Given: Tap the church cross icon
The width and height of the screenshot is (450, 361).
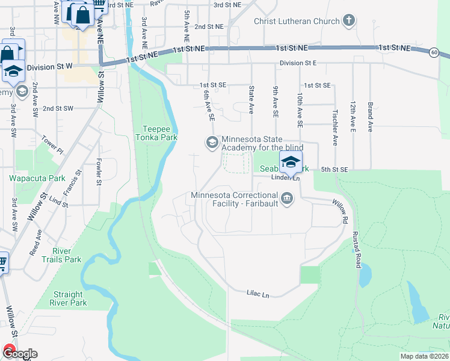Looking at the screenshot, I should tap(348, 22).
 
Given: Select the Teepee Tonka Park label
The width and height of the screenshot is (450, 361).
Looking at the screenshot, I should tap(159, 132).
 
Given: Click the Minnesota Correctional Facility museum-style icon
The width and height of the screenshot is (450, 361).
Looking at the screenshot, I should tap(287, 199).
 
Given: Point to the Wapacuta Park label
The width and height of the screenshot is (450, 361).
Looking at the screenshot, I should tap(37, 179).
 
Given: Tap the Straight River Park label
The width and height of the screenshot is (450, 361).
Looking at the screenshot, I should tap(68, 298).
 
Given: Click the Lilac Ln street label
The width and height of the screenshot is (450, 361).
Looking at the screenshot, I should tap(257, 293).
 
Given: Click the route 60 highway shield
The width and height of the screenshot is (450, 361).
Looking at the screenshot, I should tap(434, 52).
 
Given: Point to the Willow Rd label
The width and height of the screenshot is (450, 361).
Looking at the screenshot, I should tap(339, 212).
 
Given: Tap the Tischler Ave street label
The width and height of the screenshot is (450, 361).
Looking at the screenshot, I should tap(334, 127).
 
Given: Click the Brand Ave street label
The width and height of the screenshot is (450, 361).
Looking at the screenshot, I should tap(370, 117).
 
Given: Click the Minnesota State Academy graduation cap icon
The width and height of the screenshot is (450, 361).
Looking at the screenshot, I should tap(212, 143).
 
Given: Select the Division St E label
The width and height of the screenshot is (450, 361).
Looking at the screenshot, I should tap(298, 63).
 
